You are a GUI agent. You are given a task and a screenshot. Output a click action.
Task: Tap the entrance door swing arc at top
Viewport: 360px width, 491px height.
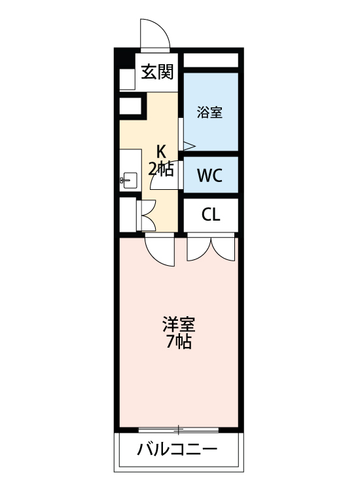click(156, 34)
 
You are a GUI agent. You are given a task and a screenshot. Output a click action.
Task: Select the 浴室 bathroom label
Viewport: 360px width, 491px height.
click(209, 112)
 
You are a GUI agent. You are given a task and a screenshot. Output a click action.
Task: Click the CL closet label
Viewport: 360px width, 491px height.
click(210, 215)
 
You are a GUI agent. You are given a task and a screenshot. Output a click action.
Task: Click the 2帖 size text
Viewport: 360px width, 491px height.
click(160, 170)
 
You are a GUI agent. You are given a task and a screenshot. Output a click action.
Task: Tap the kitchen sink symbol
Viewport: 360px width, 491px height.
click(127, 179)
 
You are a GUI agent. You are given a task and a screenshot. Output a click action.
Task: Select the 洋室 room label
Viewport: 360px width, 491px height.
click(179, 325)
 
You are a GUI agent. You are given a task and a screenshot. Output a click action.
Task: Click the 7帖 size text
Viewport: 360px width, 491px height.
click(179, 342)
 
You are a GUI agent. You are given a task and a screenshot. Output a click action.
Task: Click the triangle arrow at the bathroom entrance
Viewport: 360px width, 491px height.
click(188, 145)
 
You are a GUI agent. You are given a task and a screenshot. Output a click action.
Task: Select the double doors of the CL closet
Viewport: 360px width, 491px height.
click(210, 247)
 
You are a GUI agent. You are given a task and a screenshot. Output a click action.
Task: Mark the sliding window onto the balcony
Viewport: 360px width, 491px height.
click(179, 429)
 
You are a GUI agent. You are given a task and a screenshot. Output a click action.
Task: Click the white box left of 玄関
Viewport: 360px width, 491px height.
click(126, 79)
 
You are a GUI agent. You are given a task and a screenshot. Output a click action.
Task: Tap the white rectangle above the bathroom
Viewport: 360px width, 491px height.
click(210, 60)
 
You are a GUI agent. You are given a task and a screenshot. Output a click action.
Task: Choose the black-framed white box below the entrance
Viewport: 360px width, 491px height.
click(131, 106)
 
